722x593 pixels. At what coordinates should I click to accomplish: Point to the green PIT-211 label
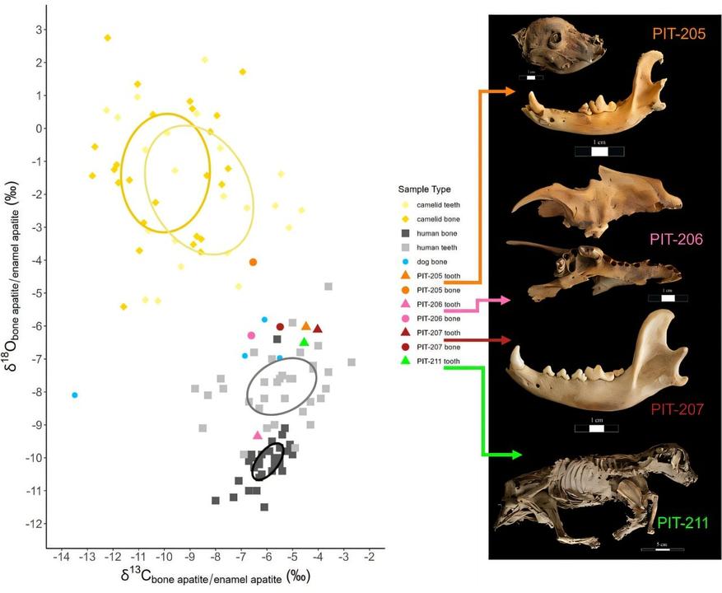click(682, 522)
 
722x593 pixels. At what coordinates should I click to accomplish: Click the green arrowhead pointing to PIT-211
click(515, 455)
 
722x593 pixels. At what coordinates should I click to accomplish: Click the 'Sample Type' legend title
click(425, 189)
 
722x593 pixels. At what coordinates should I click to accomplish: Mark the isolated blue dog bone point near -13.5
click(75, 395)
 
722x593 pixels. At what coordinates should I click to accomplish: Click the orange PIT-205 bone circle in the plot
click(254, 262)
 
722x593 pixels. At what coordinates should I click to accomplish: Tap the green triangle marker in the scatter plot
click(304, 342)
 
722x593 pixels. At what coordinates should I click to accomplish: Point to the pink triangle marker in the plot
click(257, 435)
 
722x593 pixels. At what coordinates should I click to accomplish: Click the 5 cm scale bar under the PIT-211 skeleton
click(663, 548)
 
